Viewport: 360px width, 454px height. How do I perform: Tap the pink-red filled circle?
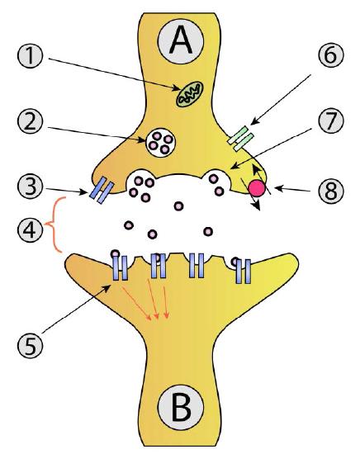[258, 188]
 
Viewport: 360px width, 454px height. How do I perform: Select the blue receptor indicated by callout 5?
[119, 267]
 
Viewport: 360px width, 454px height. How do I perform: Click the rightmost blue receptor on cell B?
[242, 270]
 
